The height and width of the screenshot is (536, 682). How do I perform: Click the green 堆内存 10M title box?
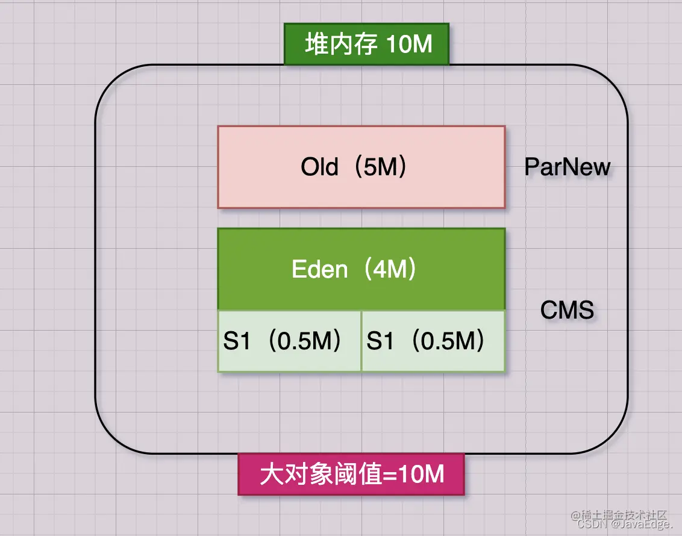(366, 44)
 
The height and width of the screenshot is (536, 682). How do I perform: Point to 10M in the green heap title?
(409, 45)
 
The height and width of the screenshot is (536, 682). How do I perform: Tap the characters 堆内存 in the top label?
(341, 45)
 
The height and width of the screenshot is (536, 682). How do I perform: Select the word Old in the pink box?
(319, 167)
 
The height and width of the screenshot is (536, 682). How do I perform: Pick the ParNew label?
(567, 167)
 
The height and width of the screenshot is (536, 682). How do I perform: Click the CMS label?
(567, 310)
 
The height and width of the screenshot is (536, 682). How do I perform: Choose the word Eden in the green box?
(319, 269)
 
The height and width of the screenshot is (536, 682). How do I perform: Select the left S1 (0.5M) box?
(289, 341)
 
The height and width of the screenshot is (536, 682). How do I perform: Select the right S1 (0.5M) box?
(433, 341)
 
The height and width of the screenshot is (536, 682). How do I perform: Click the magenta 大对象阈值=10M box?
(351, 474)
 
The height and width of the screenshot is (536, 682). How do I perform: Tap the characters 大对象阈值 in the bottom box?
(321, 474)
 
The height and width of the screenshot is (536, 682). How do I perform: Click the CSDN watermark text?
(590, 525)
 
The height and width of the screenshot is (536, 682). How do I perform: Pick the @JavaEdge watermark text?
(639, 525)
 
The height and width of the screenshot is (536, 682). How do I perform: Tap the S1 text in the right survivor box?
(380, 341)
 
